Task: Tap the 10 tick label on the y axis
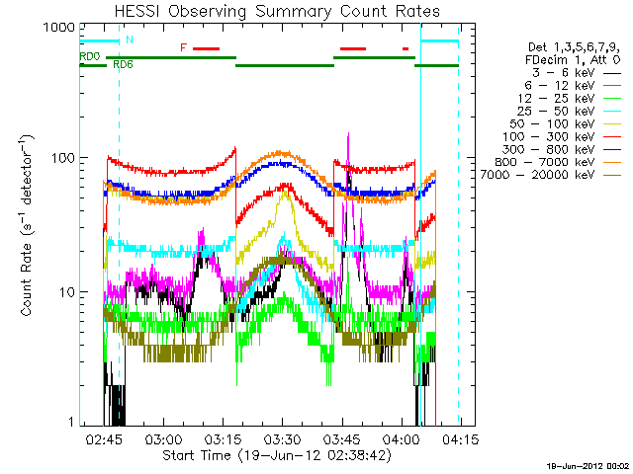(65, 292)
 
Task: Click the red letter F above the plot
(183, 47)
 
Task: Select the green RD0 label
(90, 58)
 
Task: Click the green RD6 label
(124, 65)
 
